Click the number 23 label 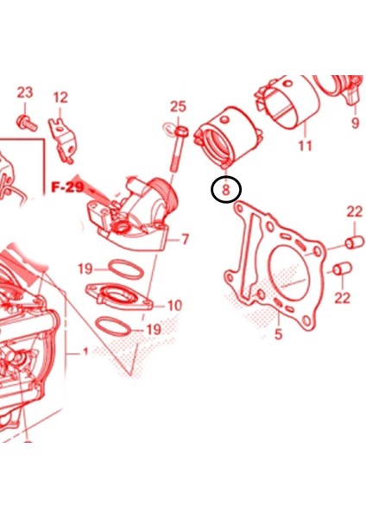[x=24, y=92]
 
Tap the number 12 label [x=60, y=98]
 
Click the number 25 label [x=178, y=107]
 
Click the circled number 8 [x=226, y=187]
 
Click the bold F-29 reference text [x=66, y=186]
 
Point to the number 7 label [x=184, y=239]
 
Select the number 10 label [x=174, y=305]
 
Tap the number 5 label [x=278, y=334]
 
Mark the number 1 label [x=85, y=352]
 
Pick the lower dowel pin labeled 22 [x=341, y=272]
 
